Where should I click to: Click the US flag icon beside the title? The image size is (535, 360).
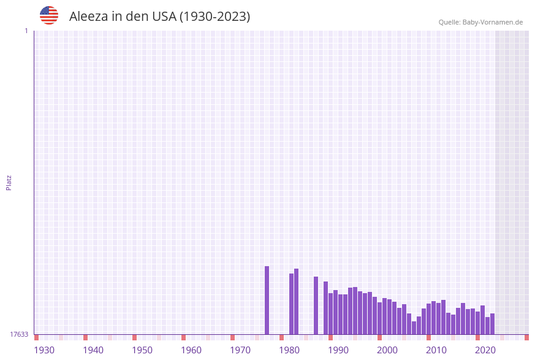[49, 15]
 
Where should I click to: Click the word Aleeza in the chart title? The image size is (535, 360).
[88, 17]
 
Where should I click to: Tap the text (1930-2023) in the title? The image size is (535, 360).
[214, 17]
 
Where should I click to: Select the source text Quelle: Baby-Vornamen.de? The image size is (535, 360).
[480, 22]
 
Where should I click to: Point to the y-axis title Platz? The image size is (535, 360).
[9, 182]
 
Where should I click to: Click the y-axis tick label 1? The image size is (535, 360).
[26, 31]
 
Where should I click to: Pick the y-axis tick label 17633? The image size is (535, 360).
[19, 334]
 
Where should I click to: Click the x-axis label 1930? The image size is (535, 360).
[44, 350]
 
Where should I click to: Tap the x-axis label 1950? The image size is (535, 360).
[142, 350]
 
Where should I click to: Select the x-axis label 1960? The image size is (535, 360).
[191, 350]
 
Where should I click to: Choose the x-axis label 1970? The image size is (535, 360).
[240, 350]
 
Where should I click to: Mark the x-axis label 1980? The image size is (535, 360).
[289, 350]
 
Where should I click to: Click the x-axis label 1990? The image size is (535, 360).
[338, 350]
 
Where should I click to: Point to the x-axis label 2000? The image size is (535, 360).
[387, 350]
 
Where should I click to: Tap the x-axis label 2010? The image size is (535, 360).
[436, 350]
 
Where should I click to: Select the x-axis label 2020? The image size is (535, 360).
[485, 350]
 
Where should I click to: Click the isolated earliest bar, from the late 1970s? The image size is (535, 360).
[267, 301]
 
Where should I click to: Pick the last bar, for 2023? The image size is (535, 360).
[492, 324]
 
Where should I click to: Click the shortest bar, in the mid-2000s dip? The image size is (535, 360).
[414, 328]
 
